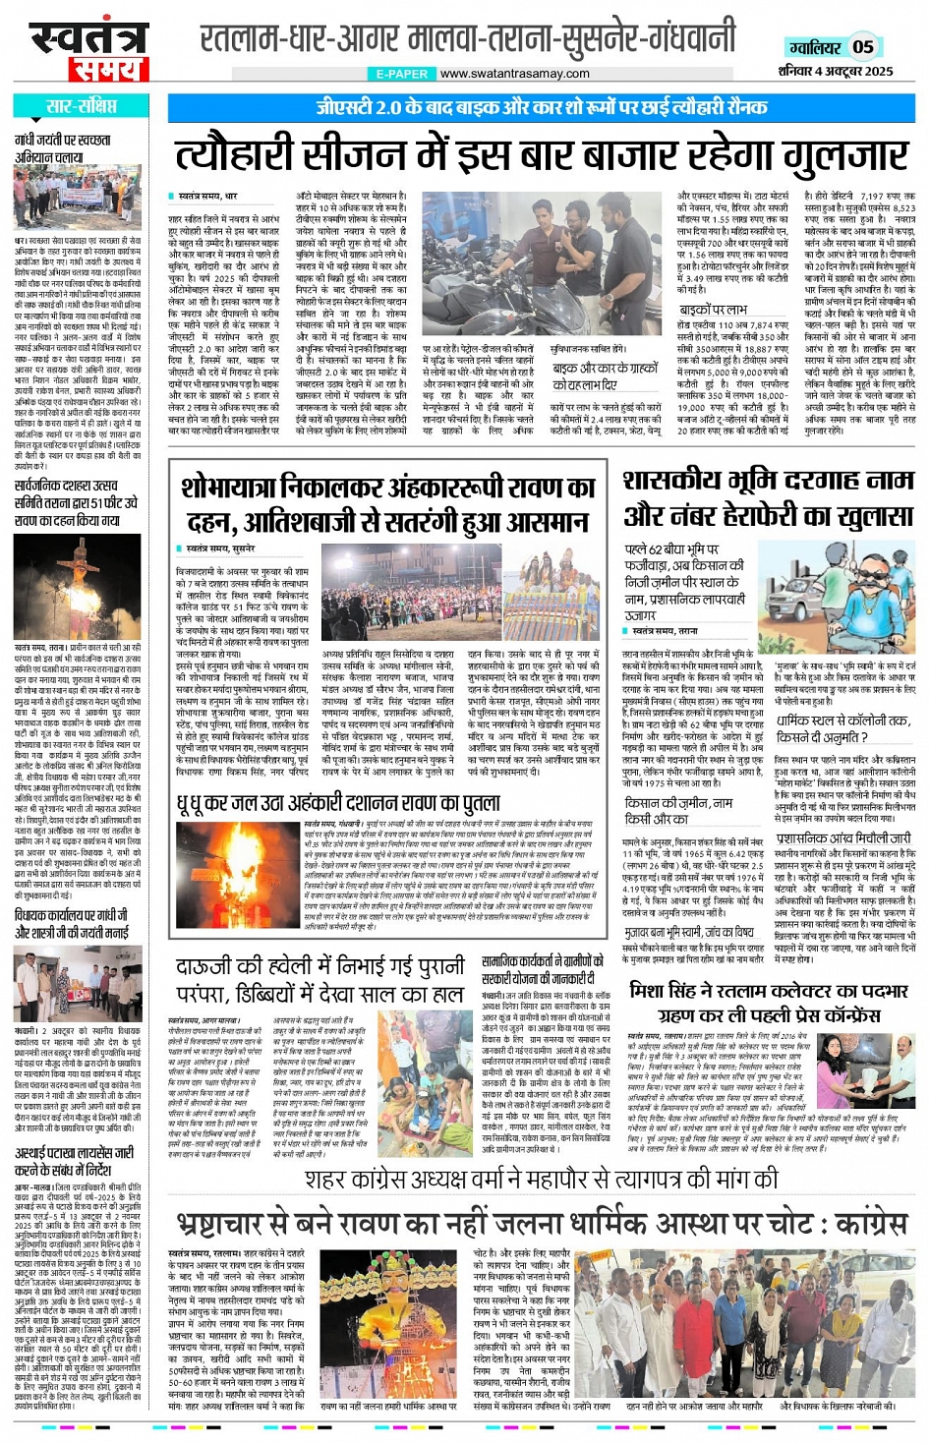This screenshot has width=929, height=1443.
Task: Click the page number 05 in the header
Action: (x=863, y=46)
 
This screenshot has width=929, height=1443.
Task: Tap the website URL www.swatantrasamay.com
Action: (x=514, y=74)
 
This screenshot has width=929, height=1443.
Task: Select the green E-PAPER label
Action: (x=401, y=74)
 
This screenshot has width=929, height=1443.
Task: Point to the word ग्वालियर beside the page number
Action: (x=815, y=47)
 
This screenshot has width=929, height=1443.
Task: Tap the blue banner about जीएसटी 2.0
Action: (x=542, y=107)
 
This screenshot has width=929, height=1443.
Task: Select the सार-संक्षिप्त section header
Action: (x=82, y=106)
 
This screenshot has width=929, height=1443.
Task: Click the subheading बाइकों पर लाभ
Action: (x=714, y=310)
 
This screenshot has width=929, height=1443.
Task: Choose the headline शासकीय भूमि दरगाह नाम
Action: (x=768, y=482)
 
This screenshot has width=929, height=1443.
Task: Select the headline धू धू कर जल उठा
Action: (x=338, y=804)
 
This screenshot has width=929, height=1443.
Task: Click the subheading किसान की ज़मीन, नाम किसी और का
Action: (x=678, y=811)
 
